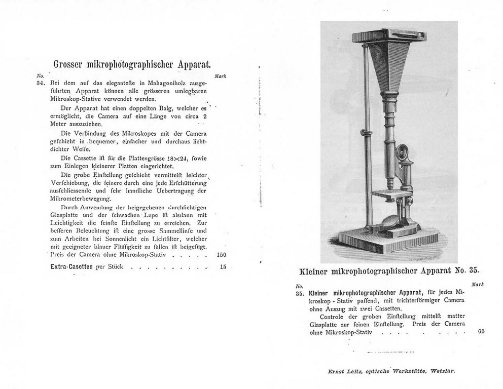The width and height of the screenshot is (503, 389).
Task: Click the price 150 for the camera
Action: point(221,255)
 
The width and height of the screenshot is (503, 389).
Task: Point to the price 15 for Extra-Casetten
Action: point(223,266)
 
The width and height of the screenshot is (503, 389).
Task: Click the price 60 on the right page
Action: point(481,332)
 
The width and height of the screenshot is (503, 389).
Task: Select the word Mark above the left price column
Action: point(221,76)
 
